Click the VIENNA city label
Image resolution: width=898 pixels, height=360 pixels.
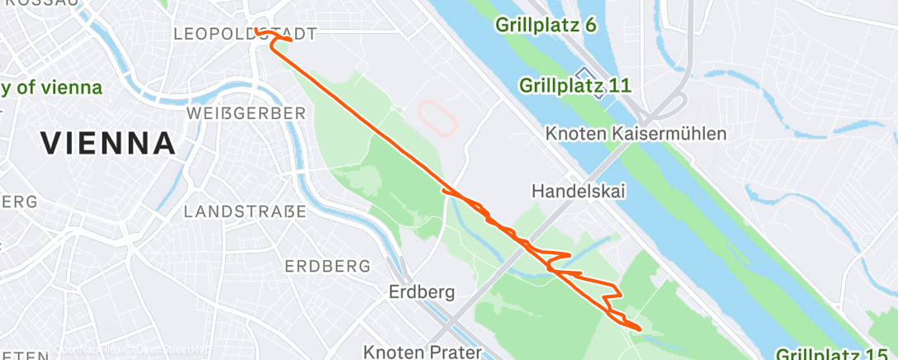pos(108,144)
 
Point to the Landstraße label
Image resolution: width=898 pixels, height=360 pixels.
pos(245,212)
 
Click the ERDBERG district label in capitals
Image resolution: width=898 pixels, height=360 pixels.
pos(327,267)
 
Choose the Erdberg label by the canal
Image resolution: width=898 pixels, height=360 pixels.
pos(421,292)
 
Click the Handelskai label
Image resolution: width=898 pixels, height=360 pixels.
pos(579,192)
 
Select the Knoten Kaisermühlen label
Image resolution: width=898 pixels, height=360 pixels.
pos(636,134)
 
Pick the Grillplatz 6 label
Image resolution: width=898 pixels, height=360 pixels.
pos(546,25)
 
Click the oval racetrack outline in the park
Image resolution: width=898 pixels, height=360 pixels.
pos(438,119)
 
